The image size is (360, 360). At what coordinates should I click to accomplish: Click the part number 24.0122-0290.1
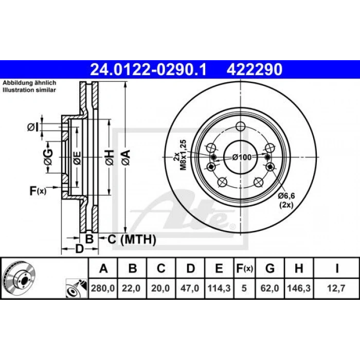[x=149, y=69]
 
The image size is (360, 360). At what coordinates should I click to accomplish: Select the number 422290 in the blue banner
[x=255, y=69]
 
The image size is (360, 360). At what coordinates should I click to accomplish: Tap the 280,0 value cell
[x=103, y=288]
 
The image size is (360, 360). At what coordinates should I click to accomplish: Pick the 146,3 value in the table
[x=299, y=288]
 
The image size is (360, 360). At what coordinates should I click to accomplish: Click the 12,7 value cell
[x=336, y=288]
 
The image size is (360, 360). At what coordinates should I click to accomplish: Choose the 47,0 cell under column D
[x=190, y=288]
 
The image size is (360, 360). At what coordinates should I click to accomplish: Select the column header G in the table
[x=270, y=268]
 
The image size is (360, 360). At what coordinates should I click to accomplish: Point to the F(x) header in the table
[x=244, y=268]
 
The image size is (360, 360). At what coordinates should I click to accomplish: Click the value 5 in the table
[x=244, y=288]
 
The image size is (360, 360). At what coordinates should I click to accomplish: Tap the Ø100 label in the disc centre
[x=242, y=157]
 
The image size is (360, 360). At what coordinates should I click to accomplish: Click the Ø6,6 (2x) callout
[x=286, y=201]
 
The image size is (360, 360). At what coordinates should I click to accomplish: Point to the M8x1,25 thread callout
[x=184, y=155]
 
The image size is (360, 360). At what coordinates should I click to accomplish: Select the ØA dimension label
[x=126, y=157]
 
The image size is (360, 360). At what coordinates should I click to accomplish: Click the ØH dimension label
[x=110, y=157]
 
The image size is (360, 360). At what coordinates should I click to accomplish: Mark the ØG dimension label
[x=48, y=157]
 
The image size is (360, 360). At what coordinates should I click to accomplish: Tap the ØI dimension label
[x=33, y=127]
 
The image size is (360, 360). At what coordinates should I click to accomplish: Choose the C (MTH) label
[x=132, y=240]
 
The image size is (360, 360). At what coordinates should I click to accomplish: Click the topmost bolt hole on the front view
[x=240, y=126]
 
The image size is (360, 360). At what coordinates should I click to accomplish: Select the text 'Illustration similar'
[x=29, y=90]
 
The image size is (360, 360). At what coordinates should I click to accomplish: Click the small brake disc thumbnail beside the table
[x=20, y=278]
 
